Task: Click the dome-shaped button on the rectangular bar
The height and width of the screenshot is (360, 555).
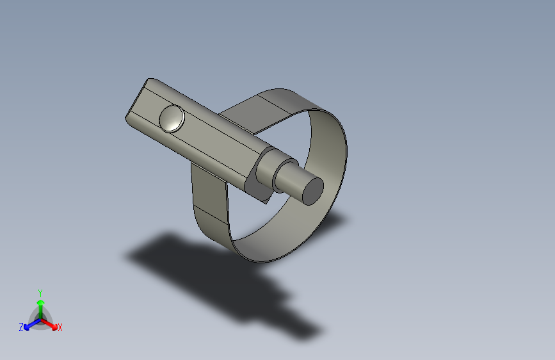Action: click(172, 118)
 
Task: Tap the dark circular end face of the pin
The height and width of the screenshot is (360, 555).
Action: click(312, 190)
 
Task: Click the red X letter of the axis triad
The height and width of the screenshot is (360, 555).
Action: click(60, 328)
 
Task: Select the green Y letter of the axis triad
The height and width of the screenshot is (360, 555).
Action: click(40, 292)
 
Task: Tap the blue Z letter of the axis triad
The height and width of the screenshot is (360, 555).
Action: click(21, 327)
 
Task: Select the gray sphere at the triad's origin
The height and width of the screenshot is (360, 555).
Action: click(40, 318)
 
